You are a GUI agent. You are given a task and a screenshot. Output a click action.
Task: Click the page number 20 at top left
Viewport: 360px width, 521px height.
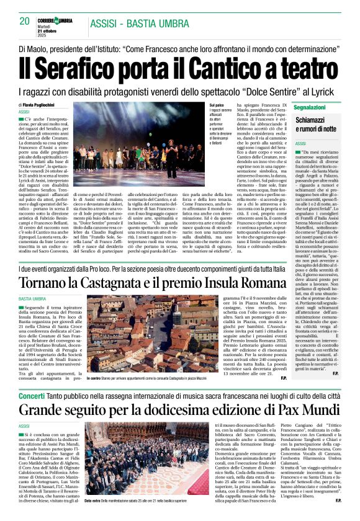pyautogui.click(x=25, y=21)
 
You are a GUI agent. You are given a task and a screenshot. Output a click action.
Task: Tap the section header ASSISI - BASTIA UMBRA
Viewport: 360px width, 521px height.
pyautogui.click(x=140, y=24)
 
